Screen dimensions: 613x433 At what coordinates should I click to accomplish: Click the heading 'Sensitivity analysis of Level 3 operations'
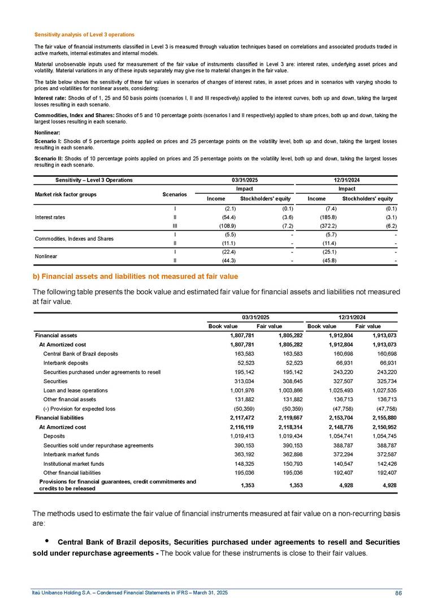pos(85,35)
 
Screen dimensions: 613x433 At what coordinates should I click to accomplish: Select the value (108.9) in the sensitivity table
pos(216,225)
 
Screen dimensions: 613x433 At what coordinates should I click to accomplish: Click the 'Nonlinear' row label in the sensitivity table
pos(47,255)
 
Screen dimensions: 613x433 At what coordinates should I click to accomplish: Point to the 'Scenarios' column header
pos(175,194)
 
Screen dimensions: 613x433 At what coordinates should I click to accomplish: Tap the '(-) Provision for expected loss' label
pos(79,408)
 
